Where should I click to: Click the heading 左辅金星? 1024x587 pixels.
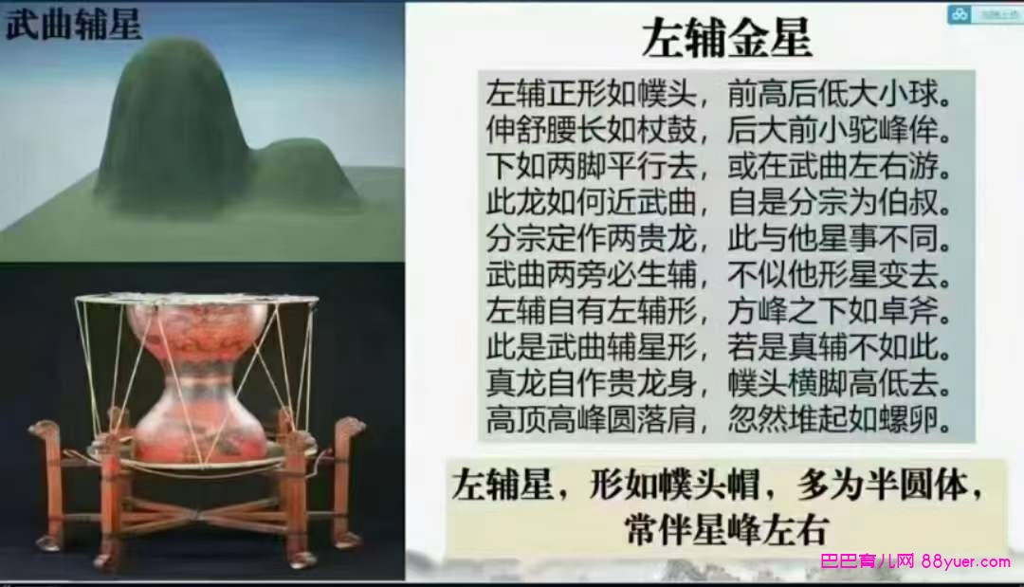point(727,38)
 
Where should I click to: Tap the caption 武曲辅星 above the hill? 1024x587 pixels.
point(74,24)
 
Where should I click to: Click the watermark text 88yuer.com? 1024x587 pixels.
point(965,560)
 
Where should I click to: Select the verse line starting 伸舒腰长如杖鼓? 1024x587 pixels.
point(719,129)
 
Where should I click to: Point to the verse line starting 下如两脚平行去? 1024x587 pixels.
point(719,166)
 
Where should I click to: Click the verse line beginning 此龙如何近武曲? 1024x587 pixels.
point(719,202)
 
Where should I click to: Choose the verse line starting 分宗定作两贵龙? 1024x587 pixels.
point(719,239)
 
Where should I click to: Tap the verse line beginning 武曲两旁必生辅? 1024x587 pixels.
point(719,275)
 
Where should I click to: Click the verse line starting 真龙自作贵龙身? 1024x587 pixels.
point(719,383)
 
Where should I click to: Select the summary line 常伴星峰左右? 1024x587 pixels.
point(725,530)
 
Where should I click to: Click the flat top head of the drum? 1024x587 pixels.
point(196,302)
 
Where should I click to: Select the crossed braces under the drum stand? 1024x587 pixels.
point(203,514)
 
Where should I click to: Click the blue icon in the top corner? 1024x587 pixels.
point(960,14)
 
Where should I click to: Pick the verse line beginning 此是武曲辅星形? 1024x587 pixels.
point(719,347)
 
